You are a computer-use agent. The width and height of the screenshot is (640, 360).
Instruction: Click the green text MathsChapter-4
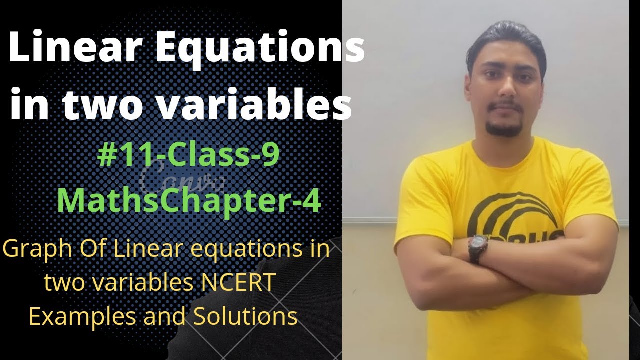[189, 199]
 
